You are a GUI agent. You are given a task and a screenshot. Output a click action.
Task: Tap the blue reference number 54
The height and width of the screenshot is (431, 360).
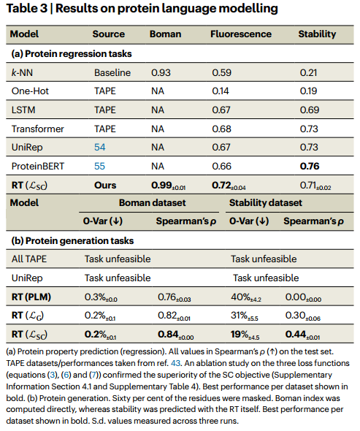tap(100, 148)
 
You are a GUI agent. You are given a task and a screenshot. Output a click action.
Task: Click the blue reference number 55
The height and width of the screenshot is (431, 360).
tap(100, 166)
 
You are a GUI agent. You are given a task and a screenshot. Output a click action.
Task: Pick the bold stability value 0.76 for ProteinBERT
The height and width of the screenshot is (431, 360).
tap(312, 166)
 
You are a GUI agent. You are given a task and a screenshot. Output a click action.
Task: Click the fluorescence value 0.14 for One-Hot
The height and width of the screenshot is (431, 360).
tap(221, 91)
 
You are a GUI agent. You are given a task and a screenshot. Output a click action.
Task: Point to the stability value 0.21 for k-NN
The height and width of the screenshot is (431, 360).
tap(311, 72)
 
